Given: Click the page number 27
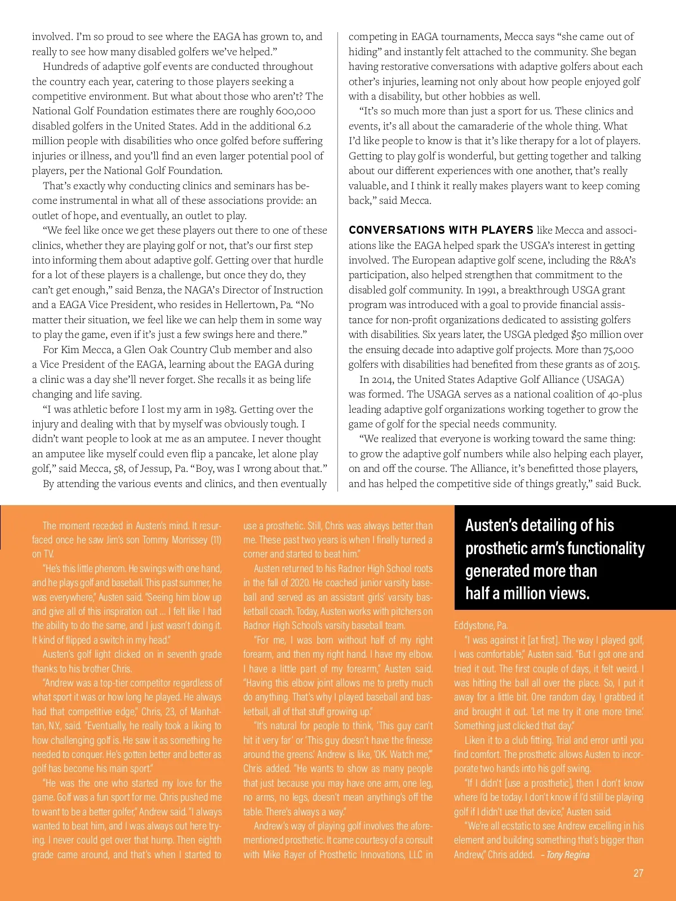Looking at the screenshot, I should point(638,873).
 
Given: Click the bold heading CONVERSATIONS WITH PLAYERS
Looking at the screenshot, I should point(441,230).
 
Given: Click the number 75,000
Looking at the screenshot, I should point(619,349).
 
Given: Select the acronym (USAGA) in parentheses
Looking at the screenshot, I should point(603,379).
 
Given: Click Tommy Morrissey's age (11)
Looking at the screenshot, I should point(216,540).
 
